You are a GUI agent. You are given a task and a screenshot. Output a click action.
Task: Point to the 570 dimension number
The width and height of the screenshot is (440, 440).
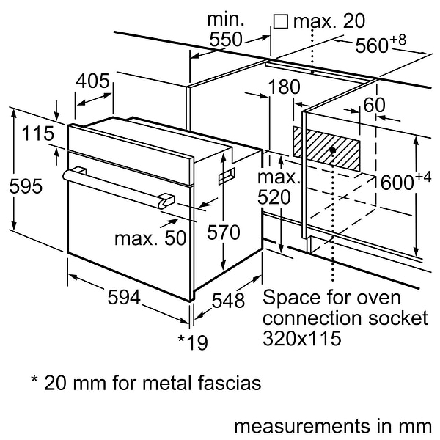click(x=222, y=232)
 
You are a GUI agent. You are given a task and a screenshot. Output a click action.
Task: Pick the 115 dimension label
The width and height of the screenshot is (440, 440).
click(x=37, y=133)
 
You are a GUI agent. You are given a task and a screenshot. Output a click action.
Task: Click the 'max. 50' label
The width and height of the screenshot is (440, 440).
click(x=150, y=238)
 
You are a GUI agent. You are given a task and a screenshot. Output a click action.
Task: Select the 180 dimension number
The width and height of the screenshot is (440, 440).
click(x=284, y=87)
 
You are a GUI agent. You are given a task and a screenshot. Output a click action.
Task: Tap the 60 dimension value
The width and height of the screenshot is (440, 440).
click(x=374, y=105)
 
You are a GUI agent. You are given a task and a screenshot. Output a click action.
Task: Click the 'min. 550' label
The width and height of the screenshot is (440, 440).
click(x=225, y=30)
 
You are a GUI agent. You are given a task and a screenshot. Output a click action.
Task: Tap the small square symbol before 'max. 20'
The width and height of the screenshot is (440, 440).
click(x=280, y=22)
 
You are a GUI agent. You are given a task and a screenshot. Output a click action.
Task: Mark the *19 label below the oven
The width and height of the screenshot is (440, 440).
click(x=193, y=341)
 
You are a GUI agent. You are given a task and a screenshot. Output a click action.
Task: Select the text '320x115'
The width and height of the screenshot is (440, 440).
click(x=301, y=340)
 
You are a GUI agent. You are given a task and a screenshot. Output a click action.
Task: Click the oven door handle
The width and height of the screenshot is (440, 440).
click(x=117, y=186)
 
